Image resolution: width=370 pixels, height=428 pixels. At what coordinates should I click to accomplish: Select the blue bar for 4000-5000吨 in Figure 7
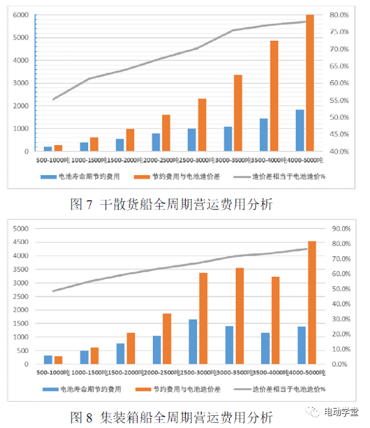coord(301,130)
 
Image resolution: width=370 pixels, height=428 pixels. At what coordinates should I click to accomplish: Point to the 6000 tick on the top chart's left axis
coord(19,15)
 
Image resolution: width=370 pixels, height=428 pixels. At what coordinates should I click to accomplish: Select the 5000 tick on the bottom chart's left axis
coord(19,228)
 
